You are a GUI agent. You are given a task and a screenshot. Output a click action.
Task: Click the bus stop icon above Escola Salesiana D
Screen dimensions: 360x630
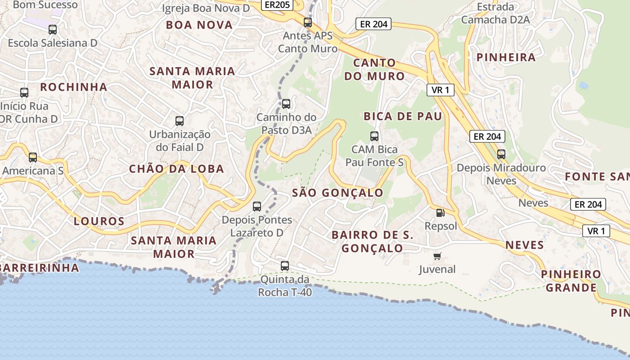point(53,30)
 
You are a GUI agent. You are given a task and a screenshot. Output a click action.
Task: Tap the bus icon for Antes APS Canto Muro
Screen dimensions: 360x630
point(308,22)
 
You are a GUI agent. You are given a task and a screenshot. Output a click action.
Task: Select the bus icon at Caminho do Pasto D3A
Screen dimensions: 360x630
point(286,104)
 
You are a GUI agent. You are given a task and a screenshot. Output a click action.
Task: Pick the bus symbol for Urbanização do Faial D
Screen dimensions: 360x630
point(180,121)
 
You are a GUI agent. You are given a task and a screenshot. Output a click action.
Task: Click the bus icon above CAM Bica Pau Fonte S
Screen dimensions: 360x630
point(374,136)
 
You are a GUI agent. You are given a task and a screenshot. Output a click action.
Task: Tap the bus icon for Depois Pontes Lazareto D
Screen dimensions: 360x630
point(257,207)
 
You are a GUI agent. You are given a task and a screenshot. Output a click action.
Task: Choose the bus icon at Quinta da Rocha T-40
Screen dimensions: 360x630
point(285,265)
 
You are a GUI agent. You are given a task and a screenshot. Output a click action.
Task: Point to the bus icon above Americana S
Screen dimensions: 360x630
point(33,157)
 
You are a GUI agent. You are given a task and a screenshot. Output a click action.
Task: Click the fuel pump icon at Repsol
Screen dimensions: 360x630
point(440,213)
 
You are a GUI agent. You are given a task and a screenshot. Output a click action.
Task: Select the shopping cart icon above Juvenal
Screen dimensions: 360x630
point(437,256)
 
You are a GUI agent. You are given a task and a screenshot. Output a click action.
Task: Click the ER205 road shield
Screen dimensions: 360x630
point(277,4)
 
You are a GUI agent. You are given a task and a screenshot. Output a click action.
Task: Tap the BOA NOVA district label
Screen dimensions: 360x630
point(199,25)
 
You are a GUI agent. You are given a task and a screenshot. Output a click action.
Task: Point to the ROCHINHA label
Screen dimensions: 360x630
point(74,87)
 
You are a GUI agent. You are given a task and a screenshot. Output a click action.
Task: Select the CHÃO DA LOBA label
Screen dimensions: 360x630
point(176,169)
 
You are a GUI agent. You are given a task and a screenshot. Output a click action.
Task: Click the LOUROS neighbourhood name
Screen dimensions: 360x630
point(99,221)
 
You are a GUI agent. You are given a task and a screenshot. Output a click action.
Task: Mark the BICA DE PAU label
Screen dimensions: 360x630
point(403,116)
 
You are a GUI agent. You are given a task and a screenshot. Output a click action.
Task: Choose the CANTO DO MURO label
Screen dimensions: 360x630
point(374,69)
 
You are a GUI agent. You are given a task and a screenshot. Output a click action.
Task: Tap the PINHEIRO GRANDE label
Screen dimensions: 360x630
point(571,281)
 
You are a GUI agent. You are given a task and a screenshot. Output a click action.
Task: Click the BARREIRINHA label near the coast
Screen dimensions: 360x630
point(40,268)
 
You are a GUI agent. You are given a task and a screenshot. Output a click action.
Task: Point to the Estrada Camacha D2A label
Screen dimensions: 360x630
point(495,13)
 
